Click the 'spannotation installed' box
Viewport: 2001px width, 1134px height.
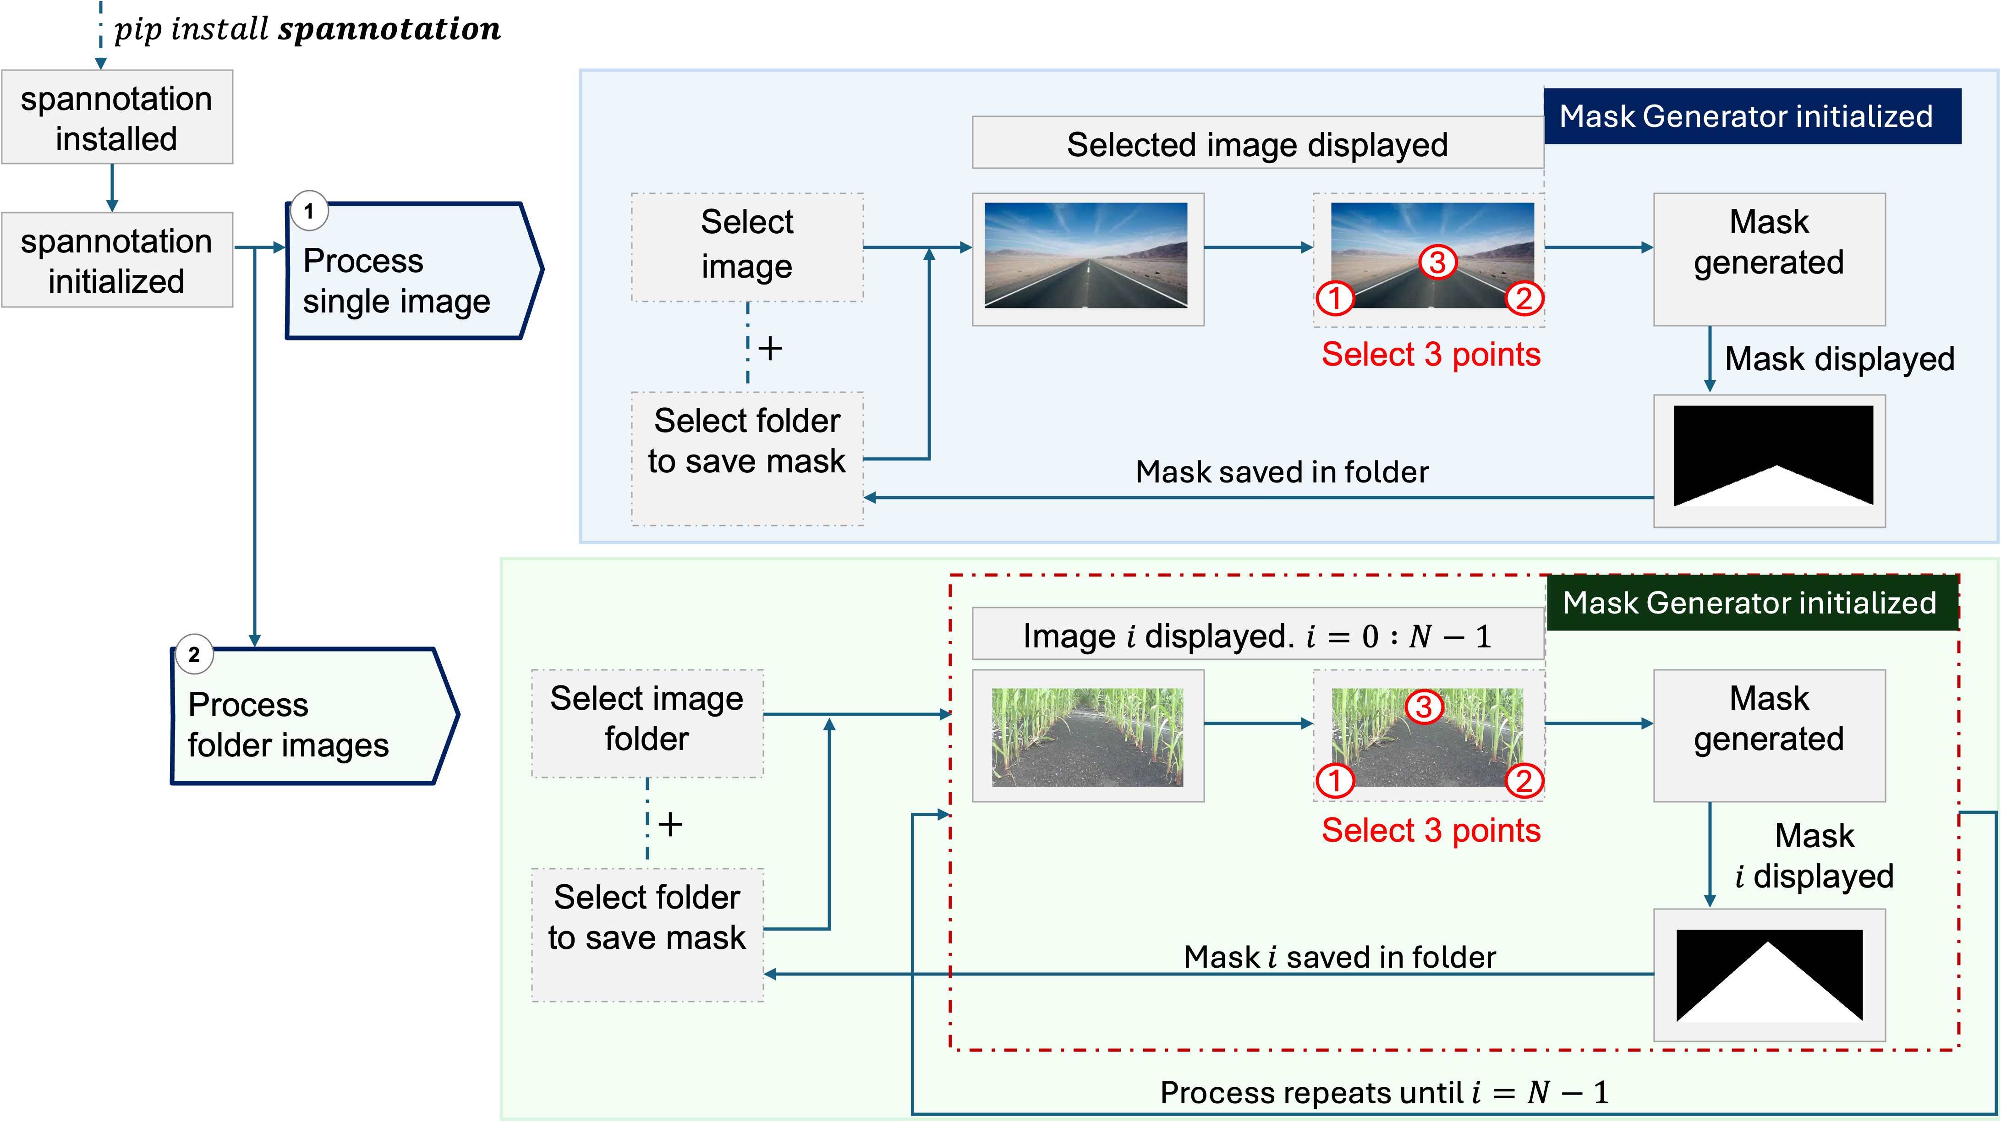pyautogui.click(x=117, y=118)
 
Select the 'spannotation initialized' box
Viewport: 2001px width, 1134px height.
pyautogui.click(x=117, y=260)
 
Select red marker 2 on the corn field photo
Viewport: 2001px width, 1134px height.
pyautogui.click(x=1524, y=780)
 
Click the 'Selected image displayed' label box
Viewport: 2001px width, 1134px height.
pyautogui.click(x=1257, y=144)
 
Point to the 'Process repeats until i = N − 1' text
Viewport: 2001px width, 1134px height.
pyautogui.click(x=1383, y=1093)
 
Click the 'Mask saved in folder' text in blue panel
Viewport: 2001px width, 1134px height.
pyautogui.click(x=1281, y=472)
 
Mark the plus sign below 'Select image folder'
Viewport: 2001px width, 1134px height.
pyautogui.click(x=670, y=824)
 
